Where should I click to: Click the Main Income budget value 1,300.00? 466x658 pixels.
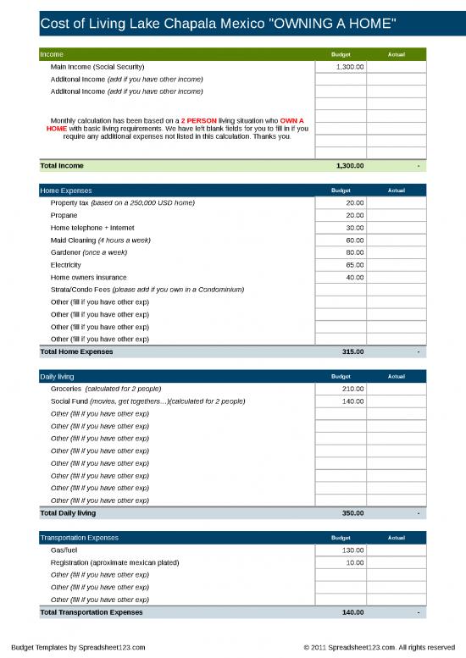(x=350, y=66)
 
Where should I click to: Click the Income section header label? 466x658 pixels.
(x=52, y=54)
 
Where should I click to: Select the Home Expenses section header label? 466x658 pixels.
(x=66, y=191)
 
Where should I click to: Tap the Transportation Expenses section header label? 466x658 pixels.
(x=80, y=538)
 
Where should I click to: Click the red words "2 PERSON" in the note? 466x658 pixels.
(x=199, y=120)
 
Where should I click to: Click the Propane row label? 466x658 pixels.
(x=64, y=215)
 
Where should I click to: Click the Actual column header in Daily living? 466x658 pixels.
(x=397, y=376)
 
